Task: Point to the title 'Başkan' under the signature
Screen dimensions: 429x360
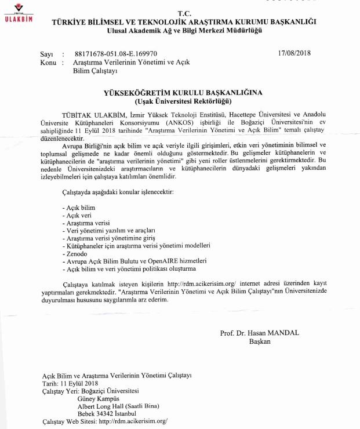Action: [x=260, y=341]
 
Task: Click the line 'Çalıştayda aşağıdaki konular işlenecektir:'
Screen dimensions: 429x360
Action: [x=119, y=191]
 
